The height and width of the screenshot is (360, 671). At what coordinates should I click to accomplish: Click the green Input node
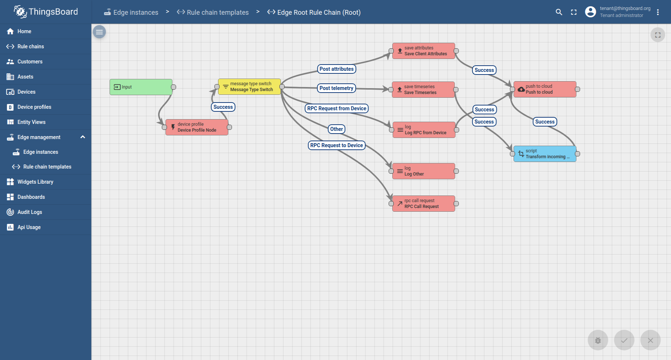point(141,87)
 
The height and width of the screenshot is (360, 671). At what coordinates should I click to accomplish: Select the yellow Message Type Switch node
point(249,87)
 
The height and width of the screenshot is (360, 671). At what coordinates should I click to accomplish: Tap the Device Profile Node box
point(197,127)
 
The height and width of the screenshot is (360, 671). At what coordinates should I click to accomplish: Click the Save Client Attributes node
point(424,51)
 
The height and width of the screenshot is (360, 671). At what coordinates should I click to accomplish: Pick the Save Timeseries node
point(423,90)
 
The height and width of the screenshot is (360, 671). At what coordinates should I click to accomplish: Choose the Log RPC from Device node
point(424,130)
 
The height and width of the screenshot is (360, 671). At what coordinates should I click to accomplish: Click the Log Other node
point(424,171)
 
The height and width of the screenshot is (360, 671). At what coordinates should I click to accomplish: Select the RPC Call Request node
point(424,204)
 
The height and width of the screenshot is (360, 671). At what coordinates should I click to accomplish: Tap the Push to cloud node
point(545,89)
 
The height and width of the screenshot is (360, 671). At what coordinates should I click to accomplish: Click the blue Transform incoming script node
point(545,154)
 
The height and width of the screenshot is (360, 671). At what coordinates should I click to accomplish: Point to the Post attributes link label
point(337,69)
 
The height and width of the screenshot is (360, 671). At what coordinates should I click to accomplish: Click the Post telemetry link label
point(336,88)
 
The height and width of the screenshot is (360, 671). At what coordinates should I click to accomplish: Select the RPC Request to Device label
point(337,145)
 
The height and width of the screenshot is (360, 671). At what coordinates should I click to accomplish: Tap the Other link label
point(337,129)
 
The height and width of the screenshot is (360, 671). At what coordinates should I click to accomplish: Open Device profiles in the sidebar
point(34,107)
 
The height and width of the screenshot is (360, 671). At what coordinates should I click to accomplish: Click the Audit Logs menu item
point(30,212)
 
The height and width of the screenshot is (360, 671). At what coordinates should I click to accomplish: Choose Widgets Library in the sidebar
point(35,182)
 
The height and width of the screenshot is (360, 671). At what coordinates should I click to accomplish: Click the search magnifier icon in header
point(559,12)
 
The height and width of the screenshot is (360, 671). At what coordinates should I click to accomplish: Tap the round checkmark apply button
point(624,340)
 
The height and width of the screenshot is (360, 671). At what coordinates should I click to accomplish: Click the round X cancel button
point(650,340)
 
